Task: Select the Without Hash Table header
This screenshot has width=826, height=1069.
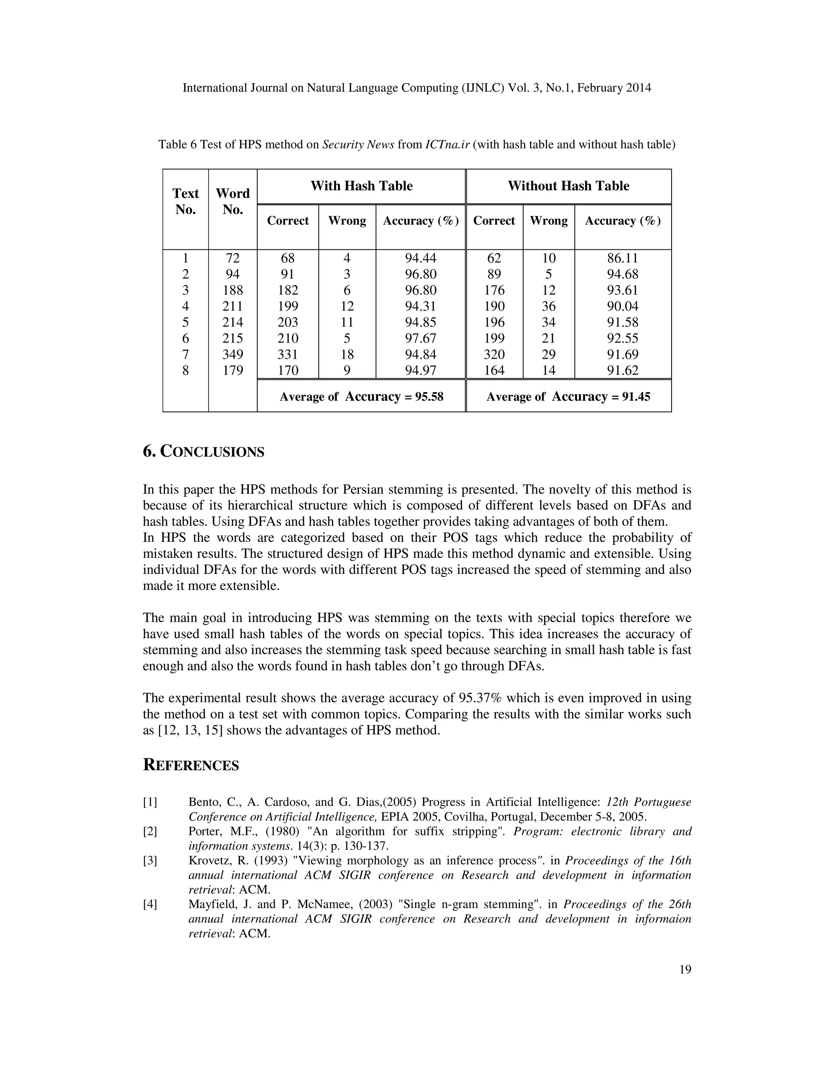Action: [568, 186]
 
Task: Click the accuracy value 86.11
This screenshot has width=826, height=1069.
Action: [622, 258]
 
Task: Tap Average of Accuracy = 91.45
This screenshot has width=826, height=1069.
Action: [568, 397]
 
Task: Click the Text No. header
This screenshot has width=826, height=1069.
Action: [186, 201]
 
